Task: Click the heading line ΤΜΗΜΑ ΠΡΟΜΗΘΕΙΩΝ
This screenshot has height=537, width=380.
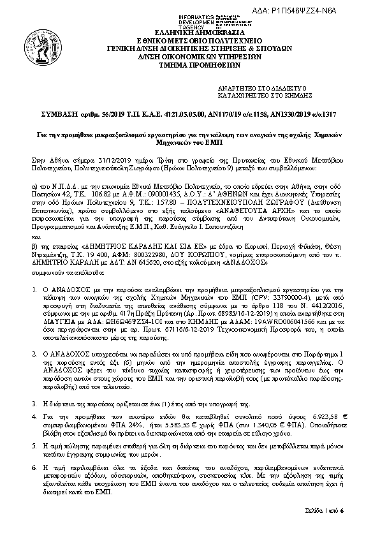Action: point(189,64)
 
